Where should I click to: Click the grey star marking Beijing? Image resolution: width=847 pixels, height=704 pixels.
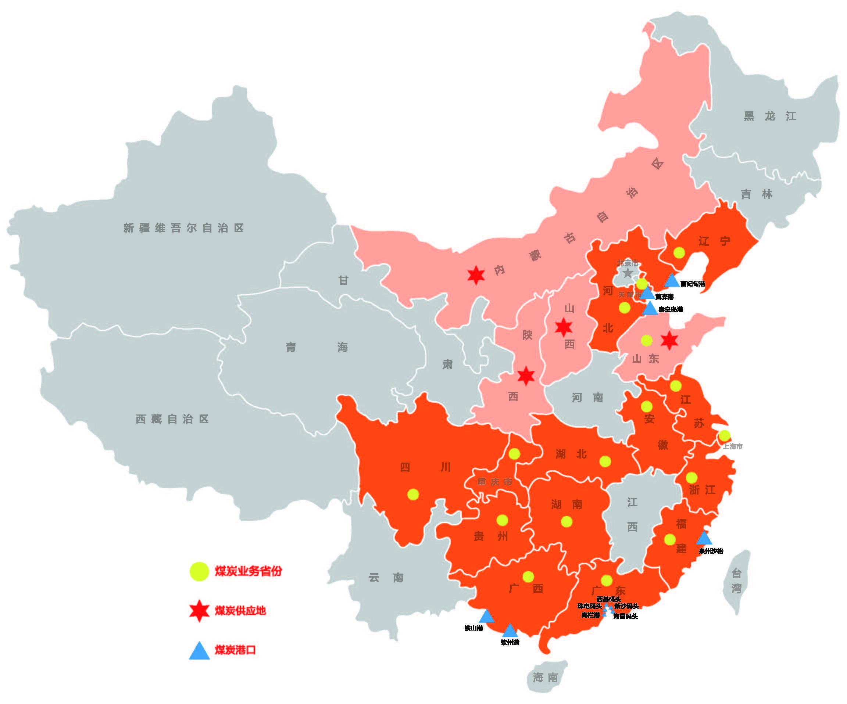[x=628, y=273]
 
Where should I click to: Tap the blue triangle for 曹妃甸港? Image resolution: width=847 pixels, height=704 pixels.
[x=672, y=281]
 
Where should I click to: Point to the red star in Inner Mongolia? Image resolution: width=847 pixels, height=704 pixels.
[x=476, y=276]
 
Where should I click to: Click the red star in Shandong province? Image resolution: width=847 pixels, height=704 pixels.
[x=669, y=341]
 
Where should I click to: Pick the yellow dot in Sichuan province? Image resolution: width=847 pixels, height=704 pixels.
[x=413, y=494]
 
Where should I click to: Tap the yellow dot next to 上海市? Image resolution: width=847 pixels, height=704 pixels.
[x=724, y=435]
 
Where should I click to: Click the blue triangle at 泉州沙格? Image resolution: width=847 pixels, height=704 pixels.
[x=704, y=538]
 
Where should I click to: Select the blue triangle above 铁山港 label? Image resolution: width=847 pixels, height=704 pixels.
[x=487, y=617]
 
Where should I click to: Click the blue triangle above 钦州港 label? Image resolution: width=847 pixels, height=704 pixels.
[x=510, y=631]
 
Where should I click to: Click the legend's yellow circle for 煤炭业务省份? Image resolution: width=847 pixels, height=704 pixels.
[x=199, y=571]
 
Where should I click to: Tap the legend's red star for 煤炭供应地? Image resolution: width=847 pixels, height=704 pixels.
[x=199, y=610]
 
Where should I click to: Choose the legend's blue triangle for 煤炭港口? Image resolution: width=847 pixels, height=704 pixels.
[x=199, y=651]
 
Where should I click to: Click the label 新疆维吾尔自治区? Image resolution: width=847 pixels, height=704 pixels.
[x=183, y=228]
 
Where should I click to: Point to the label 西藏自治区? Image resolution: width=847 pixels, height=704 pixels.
[x=172, y=419]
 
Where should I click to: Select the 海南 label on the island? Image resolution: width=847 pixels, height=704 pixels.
[x=545, y=678]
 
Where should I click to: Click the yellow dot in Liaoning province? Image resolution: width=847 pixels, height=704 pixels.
[x=679, y=253]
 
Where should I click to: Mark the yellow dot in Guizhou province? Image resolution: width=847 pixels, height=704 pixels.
[x=502, y=521]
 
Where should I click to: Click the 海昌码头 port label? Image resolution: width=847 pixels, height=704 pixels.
[x=626, y=616]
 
